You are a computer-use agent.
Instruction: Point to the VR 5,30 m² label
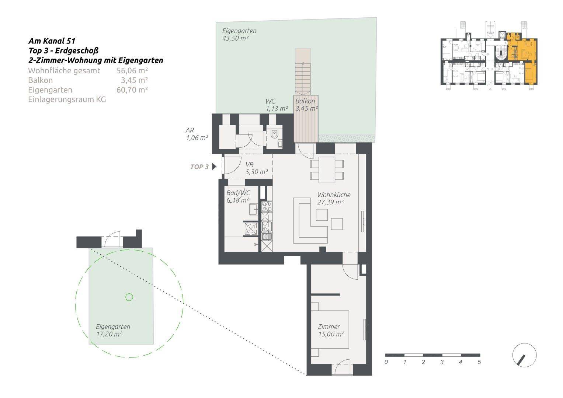(256, 168)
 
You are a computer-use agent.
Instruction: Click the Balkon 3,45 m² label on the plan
(306, 105)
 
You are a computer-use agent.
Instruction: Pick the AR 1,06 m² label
(197, 134)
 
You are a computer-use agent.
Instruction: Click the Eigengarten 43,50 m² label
(239, 35)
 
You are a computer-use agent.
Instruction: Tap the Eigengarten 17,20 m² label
(112, 331)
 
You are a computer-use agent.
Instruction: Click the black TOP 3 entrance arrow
(214, 167)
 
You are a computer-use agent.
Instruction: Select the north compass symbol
(524, 355)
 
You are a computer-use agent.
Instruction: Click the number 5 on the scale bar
(479, 362)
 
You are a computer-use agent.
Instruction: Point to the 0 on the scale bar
(386, 362)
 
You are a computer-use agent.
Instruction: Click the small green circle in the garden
(129, 297)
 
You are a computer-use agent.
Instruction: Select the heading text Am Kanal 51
(52, 41)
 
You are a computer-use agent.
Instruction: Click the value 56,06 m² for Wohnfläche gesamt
(132, 71)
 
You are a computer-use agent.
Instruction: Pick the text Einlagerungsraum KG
(67, 99)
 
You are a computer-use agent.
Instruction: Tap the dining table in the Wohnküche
(327, 170)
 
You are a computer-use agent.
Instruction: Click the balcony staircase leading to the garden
(303, 77)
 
